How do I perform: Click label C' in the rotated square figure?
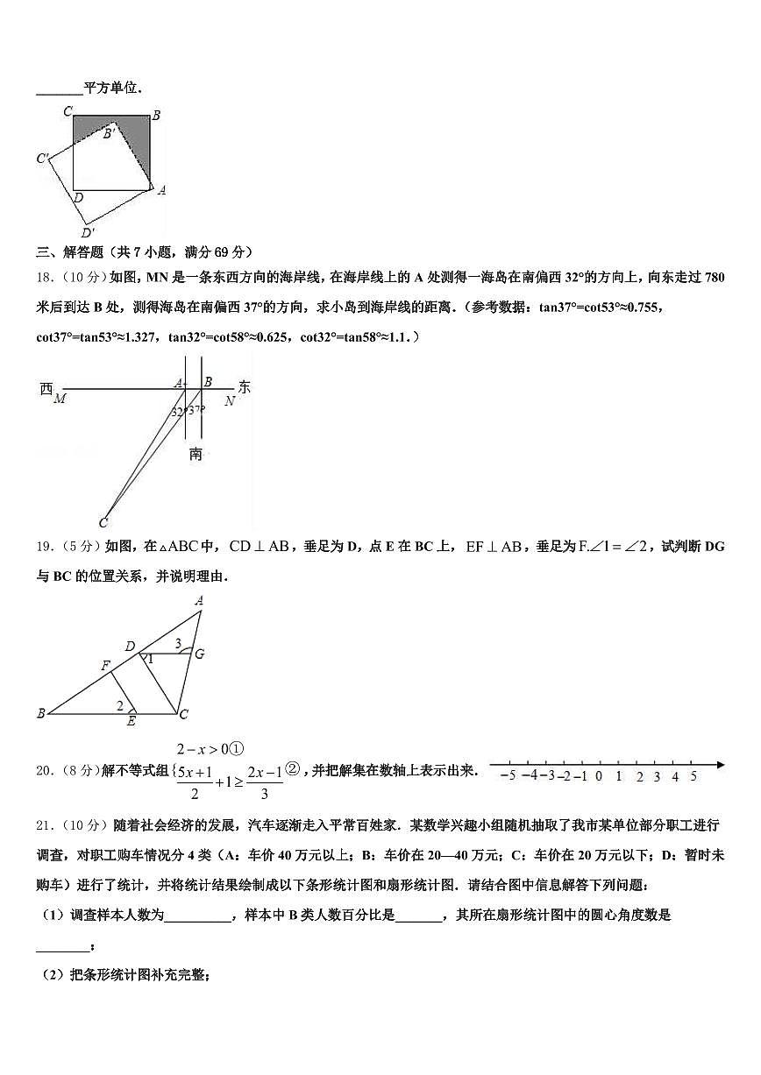(x=42, y=159)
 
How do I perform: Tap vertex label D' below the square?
(x=88, y=233)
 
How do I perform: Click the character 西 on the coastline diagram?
(x=46, y=388)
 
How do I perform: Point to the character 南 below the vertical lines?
(x=196, y=454)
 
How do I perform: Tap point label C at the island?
(x=103, y=523)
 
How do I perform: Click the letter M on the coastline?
(x=60, y=400)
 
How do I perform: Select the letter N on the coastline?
(x=229, y=400)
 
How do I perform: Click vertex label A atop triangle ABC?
(x=199, y=601)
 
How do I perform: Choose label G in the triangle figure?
(x=200, y=654)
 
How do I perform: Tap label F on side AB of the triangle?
(x=105, y=666)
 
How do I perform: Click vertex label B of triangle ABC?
(x=40, y=714)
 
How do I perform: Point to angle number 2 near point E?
(x=120, y=705)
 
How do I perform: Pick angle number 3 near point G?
(x=178, y=644)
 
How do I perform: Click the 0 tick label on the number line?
(x=598, y=775)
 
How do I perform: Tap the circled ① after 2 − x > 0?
(x=236, y=749)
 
